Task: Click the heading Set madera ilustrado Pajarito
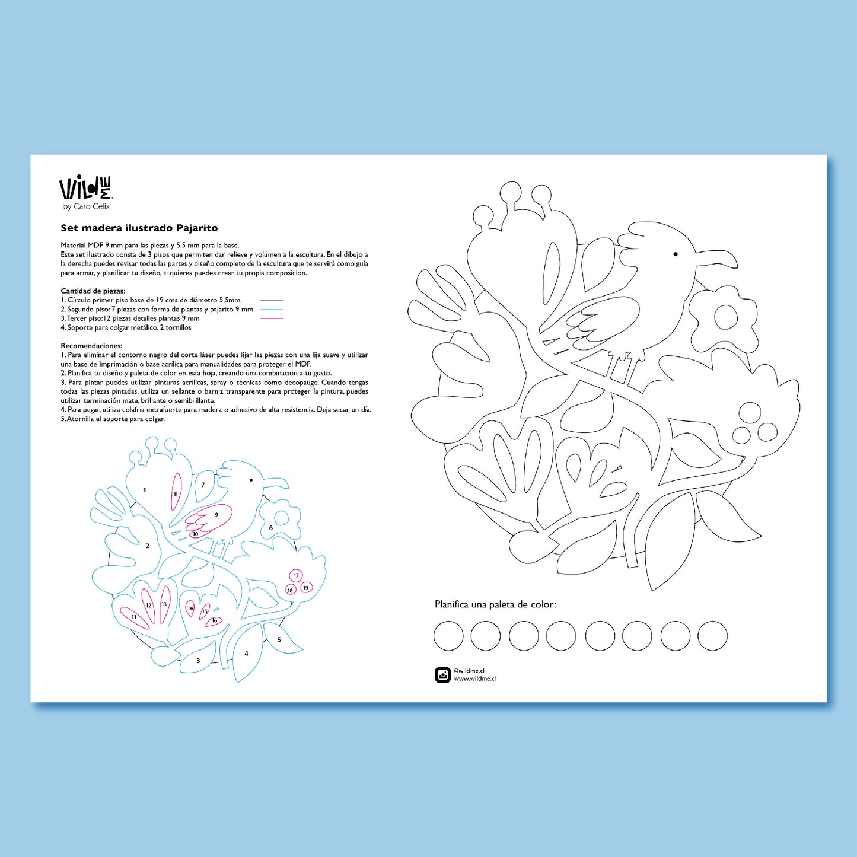pyautogui.click(x=139, y=228)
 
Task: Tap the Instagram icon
pyautogui.click(x=442, y=675)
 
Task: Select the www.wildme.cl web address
pyautogui.click(x=474, y=678)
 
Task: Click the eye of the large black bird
pyautogui.click(x=676, y=254)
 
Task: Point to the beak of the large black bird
pyautogui.click(x=716, y=259)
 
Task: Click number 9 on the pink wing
pyautogui.click(x=216, y=515)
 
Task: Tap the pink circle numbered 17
pyautogui.click(x=296, y=575)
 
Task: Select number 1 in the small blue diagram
pyautogui.click(x=145, y=490)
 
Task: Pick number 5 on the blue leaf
pyautogui.click(x=279, y=639)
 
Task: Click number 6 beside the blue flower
pyautogui.click(x=271, y=528)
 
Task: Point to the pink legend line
pyautogui.click(x=272, y=318)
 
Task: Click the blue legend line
pyautogui.click(x=272, y=310)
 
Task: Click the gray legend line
pyautogui.click(x=272, y=301)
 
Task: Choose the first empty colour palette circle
pyautogui.click(x=448, y=636)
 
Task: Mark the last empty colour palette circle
pyautogui.click(x=712, y=636)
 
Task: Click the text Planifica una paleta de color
pyautogui.click(x=495, y=604)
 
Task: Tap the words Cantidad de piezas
pyautogui.click(x=93, y=291)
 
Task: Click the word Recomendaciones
pyautogui.click(x=91, y=346)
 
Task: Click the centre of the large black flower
pyautogui.click(x=726, y=317)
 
